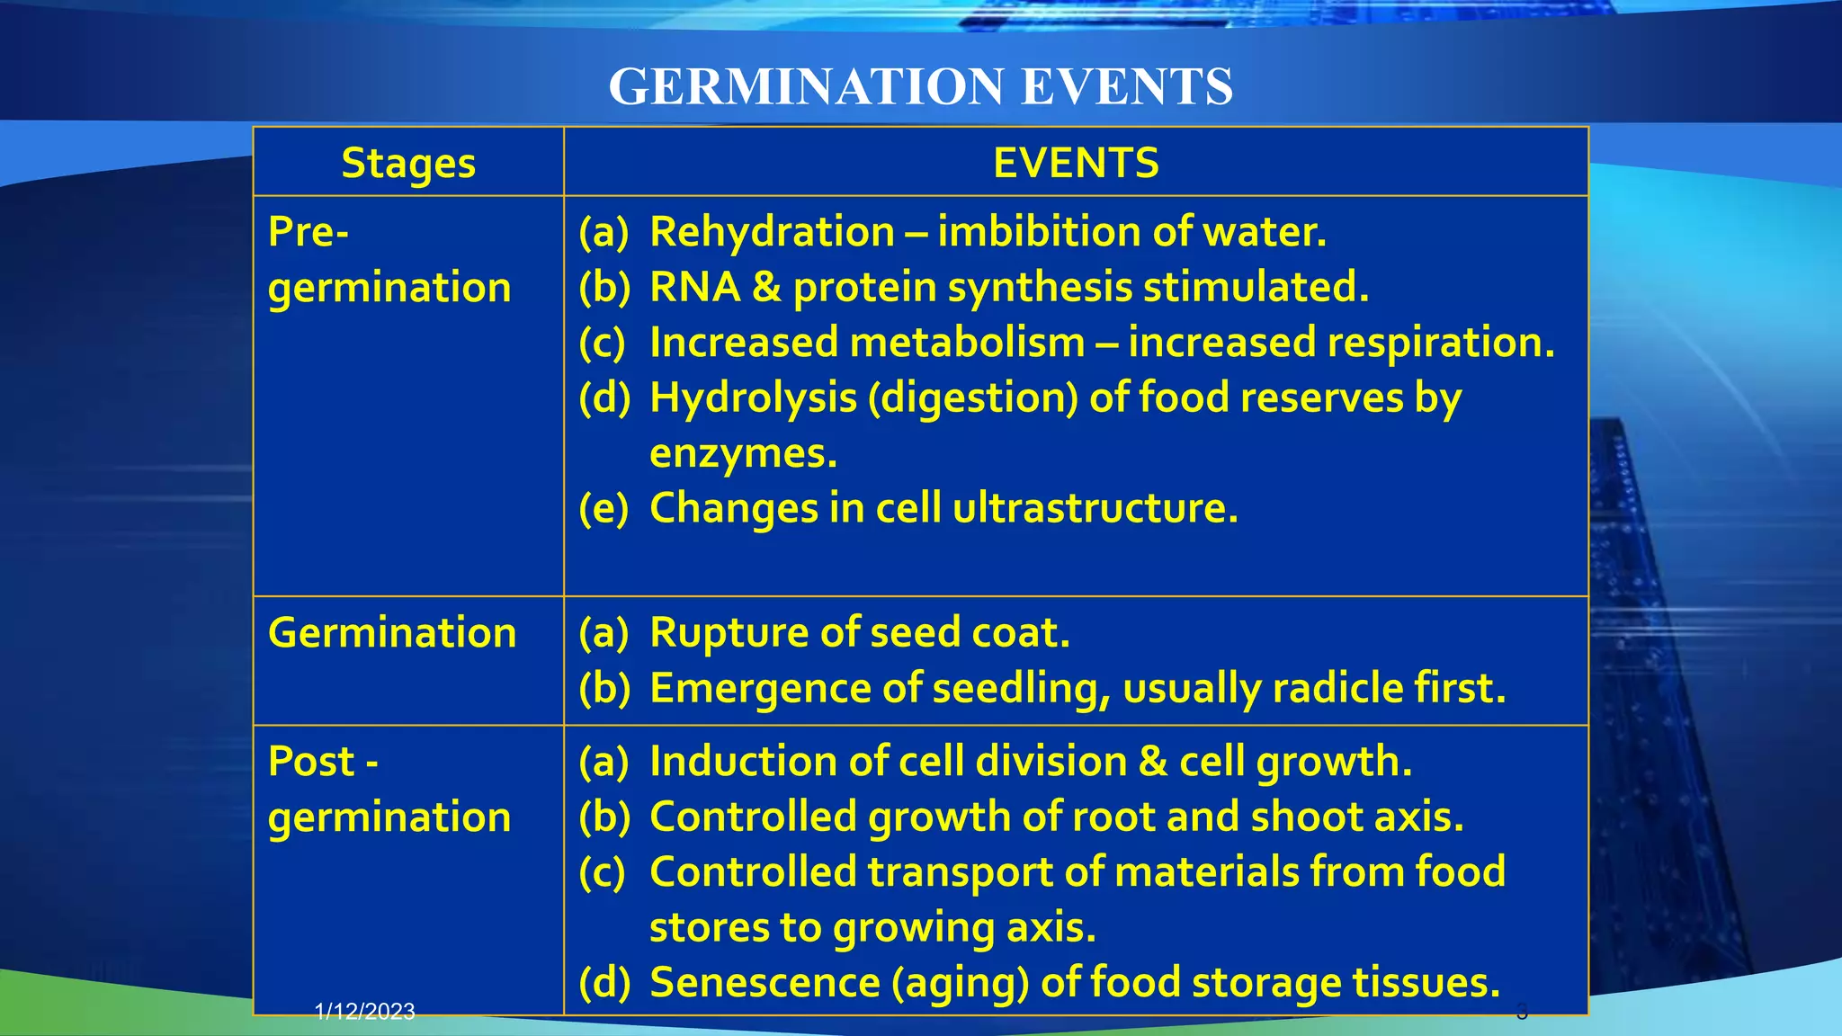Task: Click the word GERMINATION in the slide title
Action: pos(806,87)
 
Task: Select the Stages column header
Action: pos(408,164)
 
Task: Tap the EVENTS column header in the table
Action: pos(1076,164)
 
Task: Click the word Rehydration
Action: pos(772,232)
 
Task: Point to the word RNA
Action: pos(694,288)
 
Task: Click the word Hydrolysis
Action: pos(753,398)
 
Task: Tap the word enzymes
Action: pos(743,453)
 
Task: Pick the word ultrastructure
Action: pos(1095,509)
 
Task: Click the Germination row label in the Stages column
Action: pos(392,633)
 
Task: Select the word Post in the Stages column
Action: pos(311,763)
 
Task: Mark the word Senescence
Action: pos(765,983)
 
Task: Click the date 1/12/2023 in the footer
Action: pos(365,1012)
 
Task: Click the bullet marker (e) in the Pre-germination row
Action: pos(604,509)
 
